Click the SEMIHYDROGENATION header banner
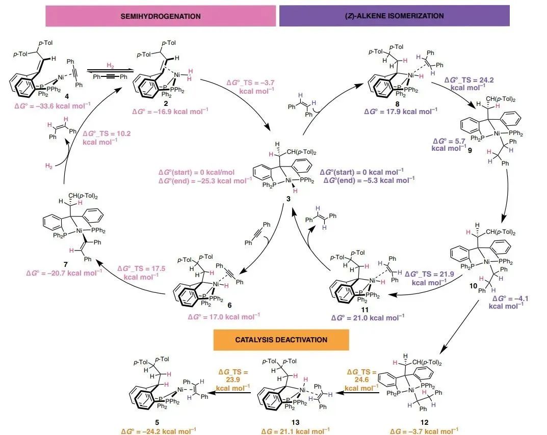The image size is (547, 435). [x=161, y=16]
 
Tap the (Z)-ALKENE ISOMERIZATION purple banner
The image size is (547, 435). [x=394, y=16]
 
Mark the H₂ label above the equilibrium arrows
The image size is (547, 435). [x=110, y=66]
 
